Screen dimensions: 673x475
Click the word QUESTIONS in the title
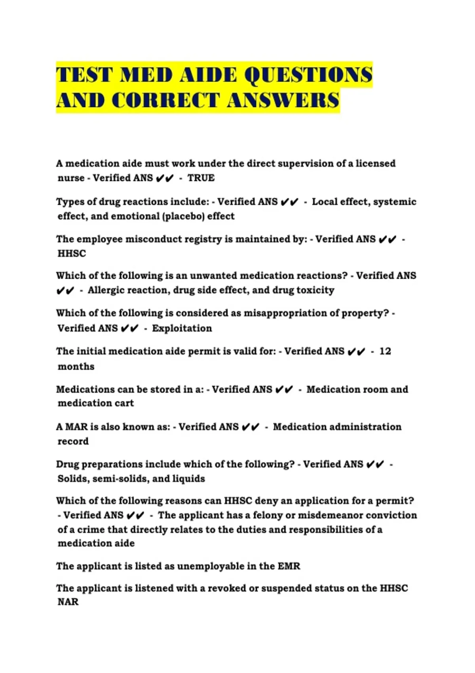pos(308,75)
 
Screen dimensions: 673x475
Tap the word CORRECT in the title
pos(165,101)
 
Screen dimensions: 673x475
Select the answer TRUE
pos(201,178)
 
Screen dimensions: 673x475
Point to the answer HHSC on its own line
pos(72,253)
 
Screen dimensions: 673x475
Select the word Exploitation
pos(182,328)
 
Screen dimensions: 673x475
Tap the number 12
pos(385,351)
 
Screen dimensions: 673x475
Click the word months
pos(76,367)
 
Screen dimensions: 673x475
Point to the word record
pos(73,441)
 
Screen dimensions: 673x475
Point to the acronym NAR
pos(68,602)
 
